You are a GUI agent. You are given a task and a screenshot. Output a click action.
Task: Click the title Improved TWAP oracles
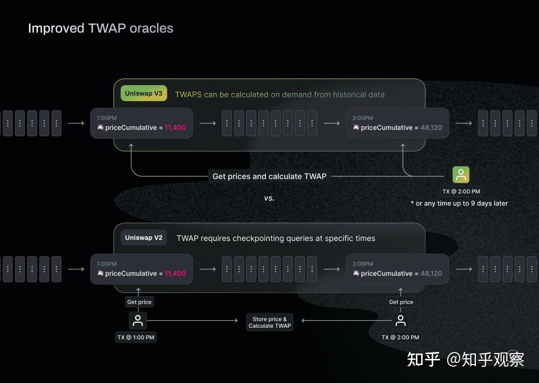click(101, 28)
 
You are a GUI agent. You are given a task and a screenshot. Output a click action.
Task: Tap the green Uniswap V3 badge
click(144, 94)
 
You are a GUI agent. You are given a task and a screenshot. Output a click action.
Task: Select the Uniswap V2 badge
click(144, 238)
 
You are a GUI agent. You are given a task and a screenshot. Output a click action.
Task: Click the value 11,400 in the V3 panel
click(175, 127)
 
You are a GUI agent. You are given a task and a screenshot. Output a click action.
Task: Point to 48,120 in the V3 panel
click(431, 127)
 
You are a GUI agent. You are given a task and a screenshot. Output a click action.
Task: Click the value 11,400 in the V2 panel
click(175, 274)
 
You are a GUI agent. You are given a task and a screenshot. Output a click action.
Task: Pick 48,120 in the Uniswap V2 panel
click(431, 274)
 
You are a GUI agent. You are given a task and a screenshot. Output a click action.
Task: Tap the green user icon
click(461, 175)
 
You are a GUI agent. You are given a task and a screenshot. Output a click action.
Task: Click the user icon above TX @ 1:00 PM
click(138, 320)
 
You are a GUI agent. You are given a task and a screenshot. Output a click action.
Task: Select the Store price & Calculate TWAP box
click(269, 322)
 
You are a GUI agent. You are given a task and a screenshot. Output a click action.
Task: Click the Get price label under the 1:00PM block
click(139, 302)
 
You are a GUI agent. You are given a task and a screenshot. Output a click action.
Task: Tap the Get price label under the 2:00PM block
click(401, 302)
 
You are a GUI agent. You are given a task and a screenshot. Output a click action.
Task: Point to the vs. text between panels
click(269, 198)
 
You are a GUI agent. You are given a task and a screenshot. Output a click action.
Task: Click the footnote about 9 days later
click(459, 203)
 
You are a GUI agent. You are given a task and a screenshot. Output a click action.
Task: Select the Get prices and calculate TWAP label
click(269, 176)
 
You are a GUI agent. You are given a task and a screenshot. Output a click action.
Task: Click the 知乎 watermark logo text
click(424, 359)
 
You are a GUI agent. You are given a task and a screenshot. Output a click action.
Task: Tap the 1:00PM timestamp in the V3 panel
click(107, 118)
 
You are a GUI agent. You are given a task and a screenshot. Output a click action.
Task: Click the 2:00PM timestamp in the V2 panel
click(363, 264)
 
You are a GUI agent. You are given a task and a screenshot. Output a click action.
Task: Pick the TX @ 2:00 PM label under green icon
click(461, 191)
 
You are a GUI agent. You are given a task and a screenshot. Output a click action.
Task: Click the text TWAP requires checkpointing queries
click(276, 238)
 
